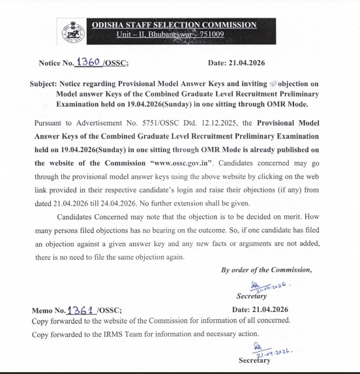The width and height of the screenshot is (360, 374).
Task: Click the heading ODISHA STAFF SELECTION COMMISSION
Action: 173,25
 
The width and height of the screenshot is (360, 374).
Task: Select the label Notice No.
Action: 56,63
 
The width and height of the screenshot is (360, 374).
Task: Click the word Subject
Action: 45,85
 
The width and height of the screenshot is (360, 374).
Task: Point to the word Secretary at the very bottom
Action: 254,360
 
